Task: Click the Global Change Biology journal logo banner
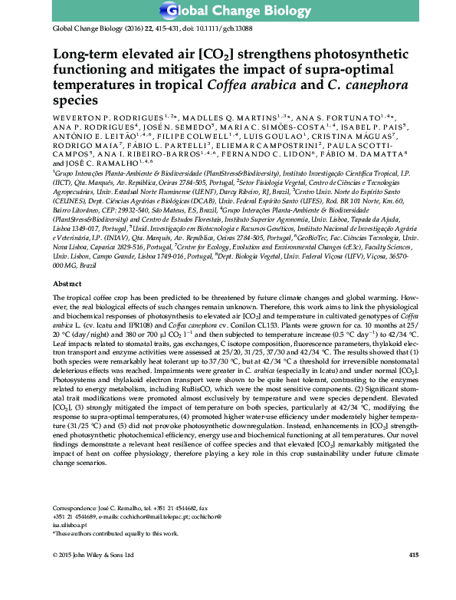(228, 10)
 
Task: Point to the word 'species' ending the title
(75, 101)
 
